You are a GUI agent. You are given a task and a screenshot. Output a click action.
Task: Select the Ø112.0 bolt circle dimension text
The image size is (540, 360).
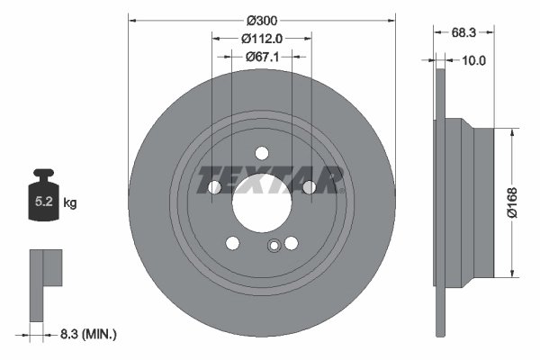(x=262, y=38)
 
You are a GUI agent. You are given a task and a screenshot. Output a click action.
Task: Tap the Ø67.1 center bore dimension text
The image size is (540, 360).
(x=262, y=56)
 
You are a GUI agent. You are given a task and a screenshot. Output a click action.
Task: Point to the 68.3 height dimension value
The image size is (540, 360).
(x=463, y=31)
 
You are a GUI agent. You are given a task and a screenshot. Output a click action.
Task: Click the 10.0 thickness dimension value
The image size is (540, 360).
(x=473, y=61)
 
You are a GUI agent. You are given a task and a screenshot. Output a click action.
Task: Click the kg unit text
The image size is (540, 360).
(x=70, y=203)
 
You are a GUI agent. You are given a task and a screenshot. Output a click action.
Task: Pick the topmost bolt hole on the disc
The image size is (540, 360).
(x=262, y=152)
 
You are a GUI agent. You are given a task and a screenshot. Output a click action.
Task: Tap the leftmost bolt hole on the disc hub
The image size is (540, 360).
(x=216, y=186)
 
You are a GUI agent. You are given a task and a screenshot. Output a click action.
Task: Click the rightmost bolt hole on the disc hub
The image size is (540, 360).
(x=308, y=186)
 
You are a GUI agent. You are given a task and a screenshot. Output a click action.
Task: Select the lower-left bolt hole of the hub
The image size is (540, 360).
(x=233, y=243)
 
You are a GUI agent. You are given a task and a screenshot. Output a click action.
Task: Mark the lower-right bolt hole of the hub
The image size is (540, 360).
(x=291, y=243)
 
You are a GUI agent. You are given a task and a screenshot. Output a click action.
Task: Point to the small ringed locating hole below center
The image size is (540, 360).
(x=274, y=245)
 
